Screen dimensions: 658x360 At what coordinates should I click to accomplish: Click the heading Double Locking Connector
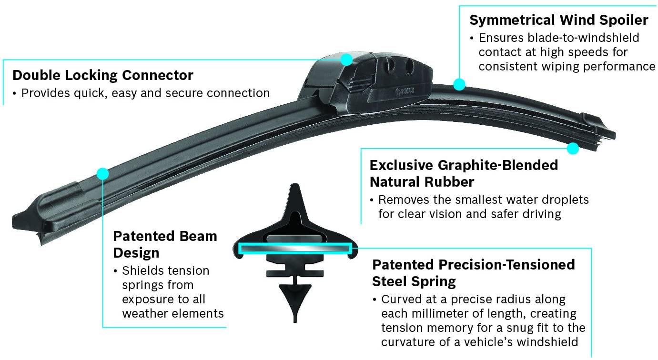(103, 75)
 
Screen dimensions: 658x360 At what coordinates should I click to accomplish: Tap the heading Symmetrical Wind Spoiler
(559, 20)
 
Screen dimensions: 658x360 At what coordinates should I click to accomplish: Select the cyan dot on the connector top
(346, 60)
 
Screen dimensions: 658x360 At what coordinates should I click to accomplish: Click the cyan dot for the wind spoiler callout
(459, 85)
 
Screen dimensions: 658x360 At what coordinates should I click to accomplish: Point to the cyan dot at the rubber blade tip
(573, 148)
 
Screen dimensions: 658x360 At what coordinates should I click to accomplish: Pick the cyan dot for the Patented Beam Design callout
(102, 173)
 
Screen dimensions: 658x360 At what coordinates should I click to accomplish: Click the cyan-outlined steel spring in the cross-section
(295, 249)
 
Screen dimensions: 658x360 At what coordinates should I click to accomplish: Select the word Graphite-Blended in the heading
(497, 165)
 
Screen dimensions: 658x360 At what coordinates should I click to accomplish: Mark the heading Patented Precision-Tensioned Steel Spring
(473, 273)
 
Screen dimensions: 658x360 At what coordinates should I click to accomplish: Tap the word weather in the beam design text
(146, 314)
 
